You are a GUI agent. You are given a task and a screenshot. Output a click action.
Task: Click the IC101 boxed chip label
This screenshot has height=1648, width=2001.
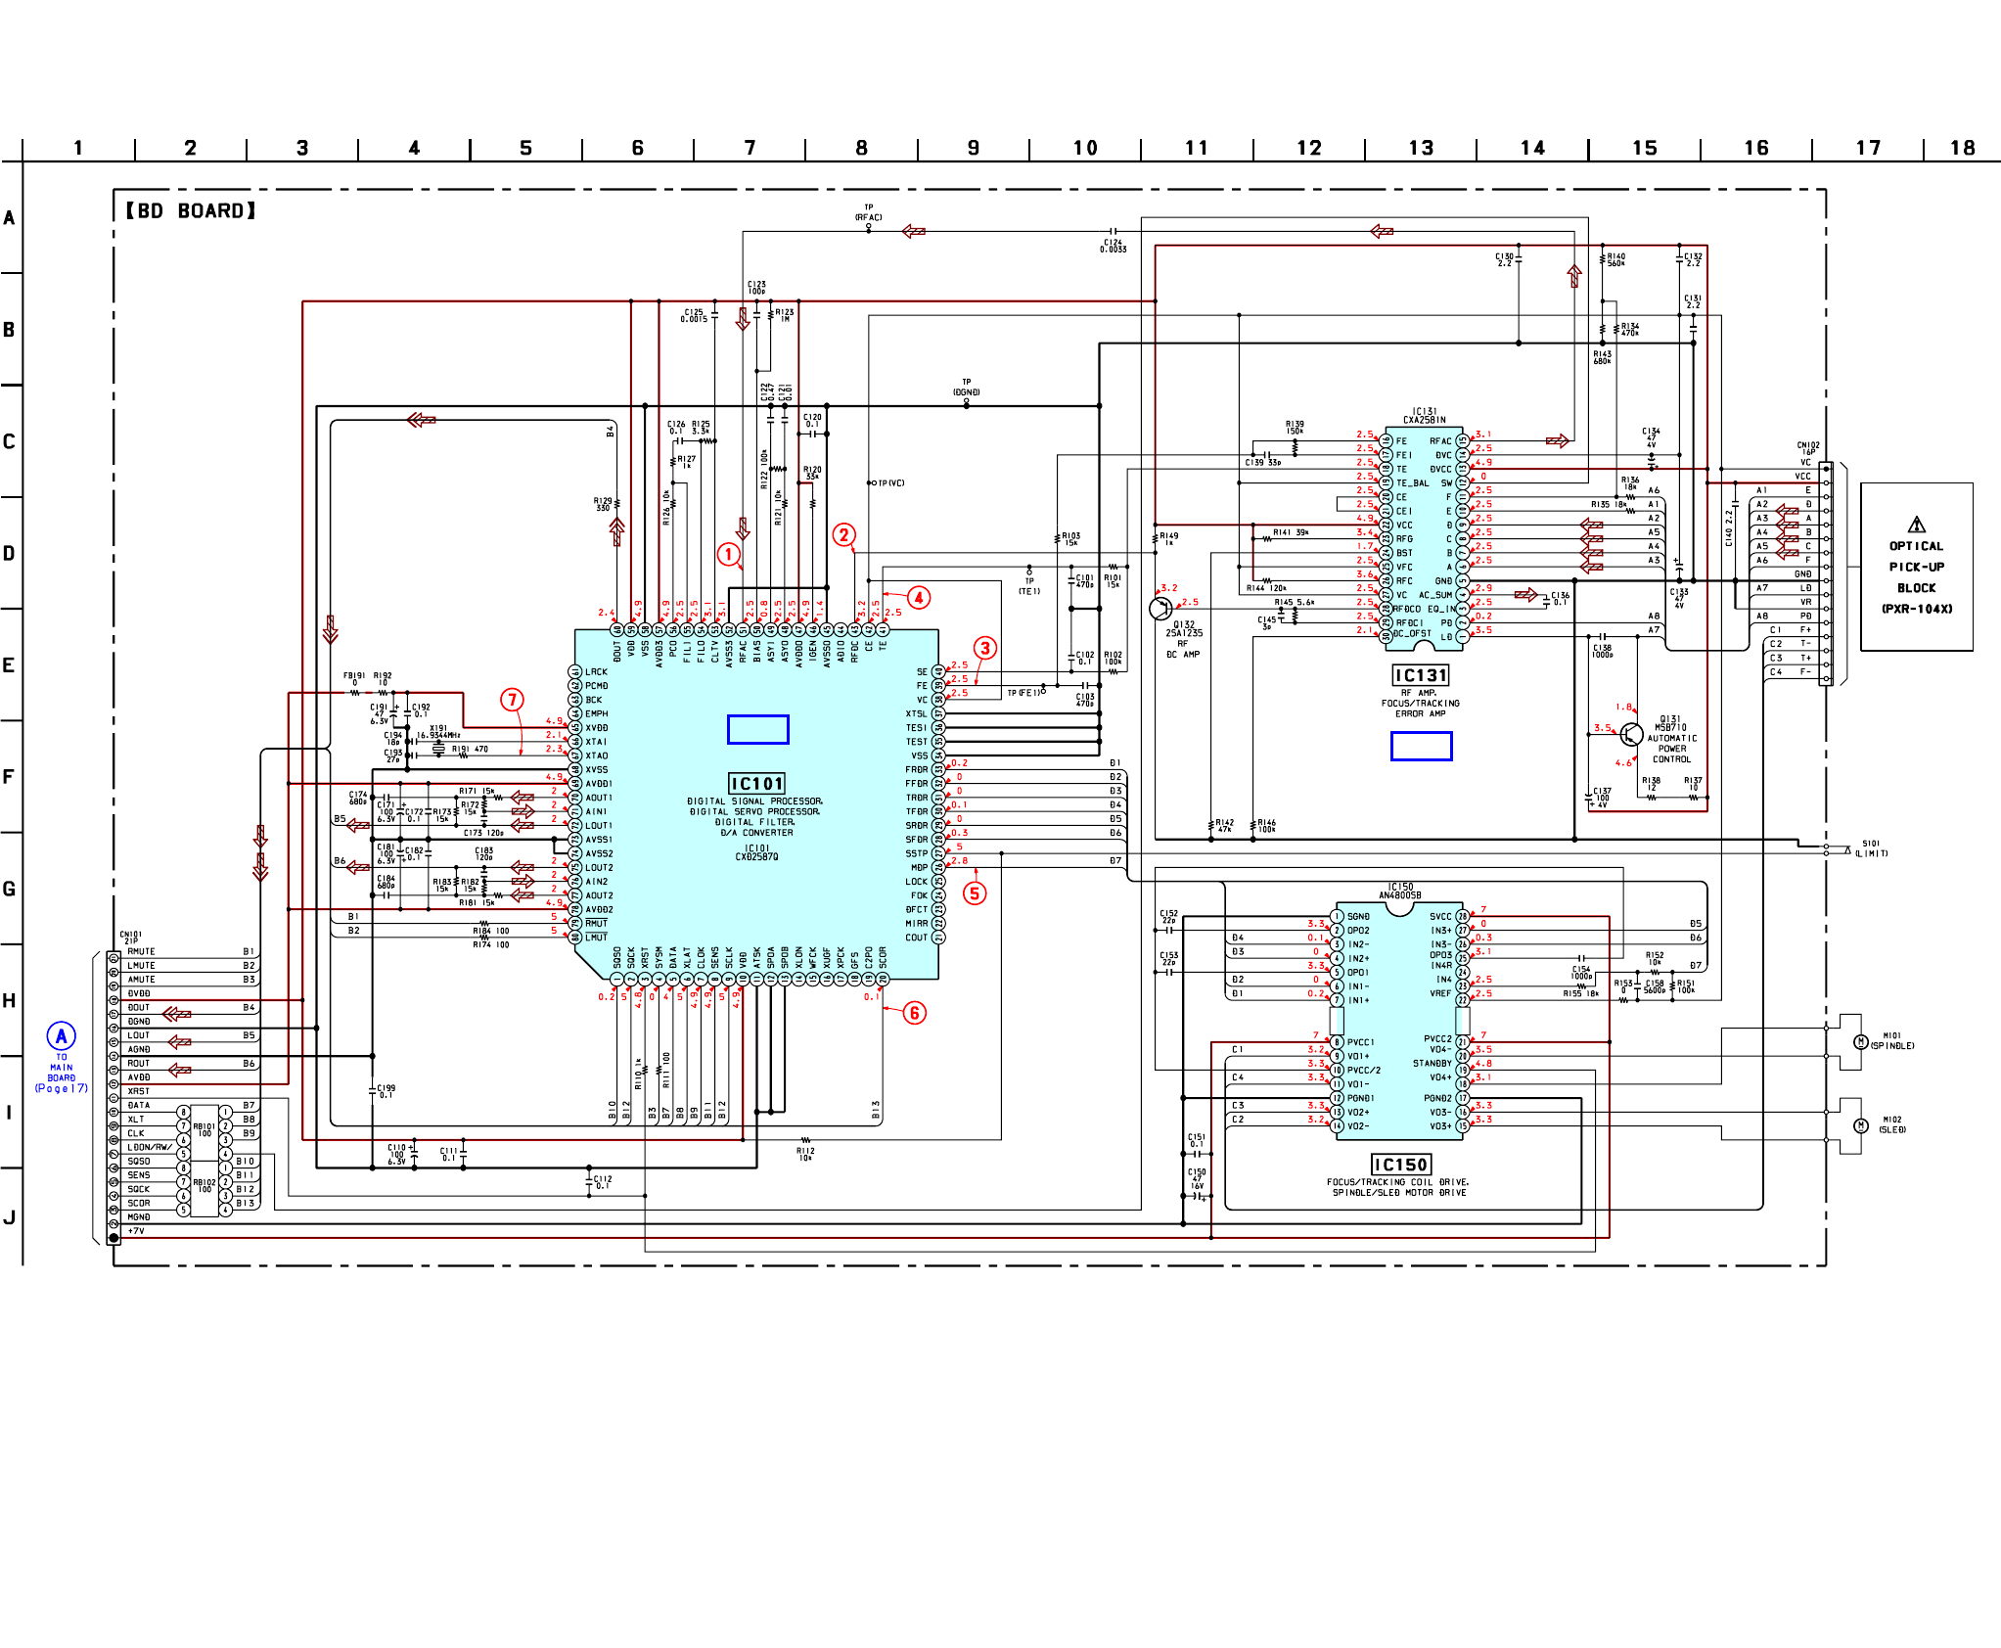(x=757, y=783)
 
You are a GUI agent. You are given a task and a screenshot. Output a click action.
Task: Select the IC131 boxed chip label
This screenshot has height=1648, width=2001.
(x=1420, y=675)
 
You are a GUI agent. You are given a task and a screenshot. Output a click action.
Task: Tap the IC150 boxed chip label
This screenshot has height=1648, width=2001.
(x=1400, y=1165)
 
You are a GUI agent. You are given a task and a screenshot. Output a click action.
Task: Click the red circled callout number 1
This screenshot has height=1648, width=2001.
(x=728, y=554)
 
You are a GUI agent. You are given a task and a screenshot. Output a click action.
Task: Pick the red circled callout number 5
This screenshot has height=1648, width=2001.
(x=975, y=893)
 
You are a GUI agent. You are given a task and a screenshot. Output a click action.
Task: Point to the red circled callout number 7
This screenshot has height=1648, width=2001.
(x=512, y=700)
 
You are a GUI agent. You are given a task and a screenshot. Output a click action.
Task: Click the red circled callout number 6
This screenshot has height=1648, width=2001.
(x=914, y=1012)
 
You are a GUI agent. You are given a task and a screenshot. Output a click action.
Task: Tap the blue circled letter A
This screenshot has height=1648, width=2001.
(x=61, y=1035)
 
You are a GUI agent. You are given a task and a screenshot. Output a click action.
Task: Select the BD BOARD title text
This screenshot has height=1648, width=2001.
(x=190, y=210)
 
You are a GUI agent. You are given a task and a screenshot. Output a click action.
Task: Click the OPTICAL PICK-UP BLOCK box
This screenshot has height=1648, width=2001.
(x=1916, y=567)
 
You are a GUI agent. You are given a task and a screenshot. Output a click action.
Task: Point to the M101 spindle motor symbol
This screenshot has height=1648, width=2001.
(x=1861, y=1041)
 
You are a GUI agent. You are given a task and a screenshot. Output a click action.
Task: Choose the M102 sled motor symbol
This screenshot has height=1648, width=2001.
(x=1861, y=1125)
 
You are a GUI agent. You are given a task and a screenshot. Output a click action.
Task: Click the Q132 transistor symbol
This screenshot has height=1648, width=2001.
(x=1160, y=608)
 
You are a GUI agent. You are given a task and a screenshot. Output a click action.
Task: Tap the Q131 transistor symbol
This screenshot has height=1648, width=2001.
(x=1631, y=734)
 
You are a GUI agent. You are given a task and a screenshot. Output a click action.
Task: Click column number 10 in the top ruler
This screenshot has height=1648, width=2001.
(x=1085, y=148)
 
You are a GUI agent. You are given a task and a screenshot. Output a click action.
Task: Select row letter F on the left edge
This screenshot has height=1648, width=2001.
(x=9, y=777)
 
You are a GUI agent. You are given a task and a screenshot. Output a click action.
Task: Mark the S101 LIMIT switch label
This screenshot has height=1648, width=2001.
(x=1871, y=847)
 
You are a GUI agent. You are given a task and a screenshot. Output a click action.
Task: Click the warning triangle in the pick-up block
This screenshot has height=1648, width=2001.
(x=1916, y=525)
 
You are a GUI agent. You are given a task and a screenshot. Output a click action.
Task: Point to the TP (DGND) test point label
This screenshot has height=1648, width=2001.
(x=966, y=388)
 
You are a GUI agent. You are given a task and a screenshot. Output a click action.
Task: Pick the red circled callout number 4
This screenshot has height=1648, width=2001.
(x=918, y=597)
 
